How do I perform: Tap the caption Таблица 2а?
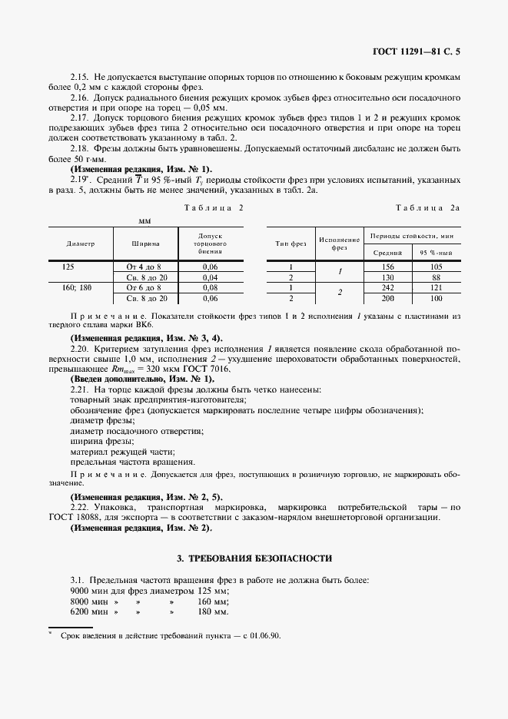(x=427, y=208)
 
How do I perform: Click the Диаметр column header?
(x=81, y=244)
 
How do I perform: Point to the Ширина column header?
(x=145, y=244)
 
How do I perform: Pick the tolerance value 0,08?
(x=210, y=287)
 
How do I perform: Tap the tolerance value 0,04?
(x=210, y=277)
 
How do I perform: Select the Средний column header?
(x=387, y=252)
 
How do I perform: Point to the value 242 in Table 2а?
(x=387, y=287)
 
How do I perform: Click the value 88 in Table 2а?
(x=436, y=277)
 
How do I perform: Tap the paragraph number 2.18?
(x=79, y=148)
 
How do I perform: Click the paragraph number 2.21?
(x=79, y=390)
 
